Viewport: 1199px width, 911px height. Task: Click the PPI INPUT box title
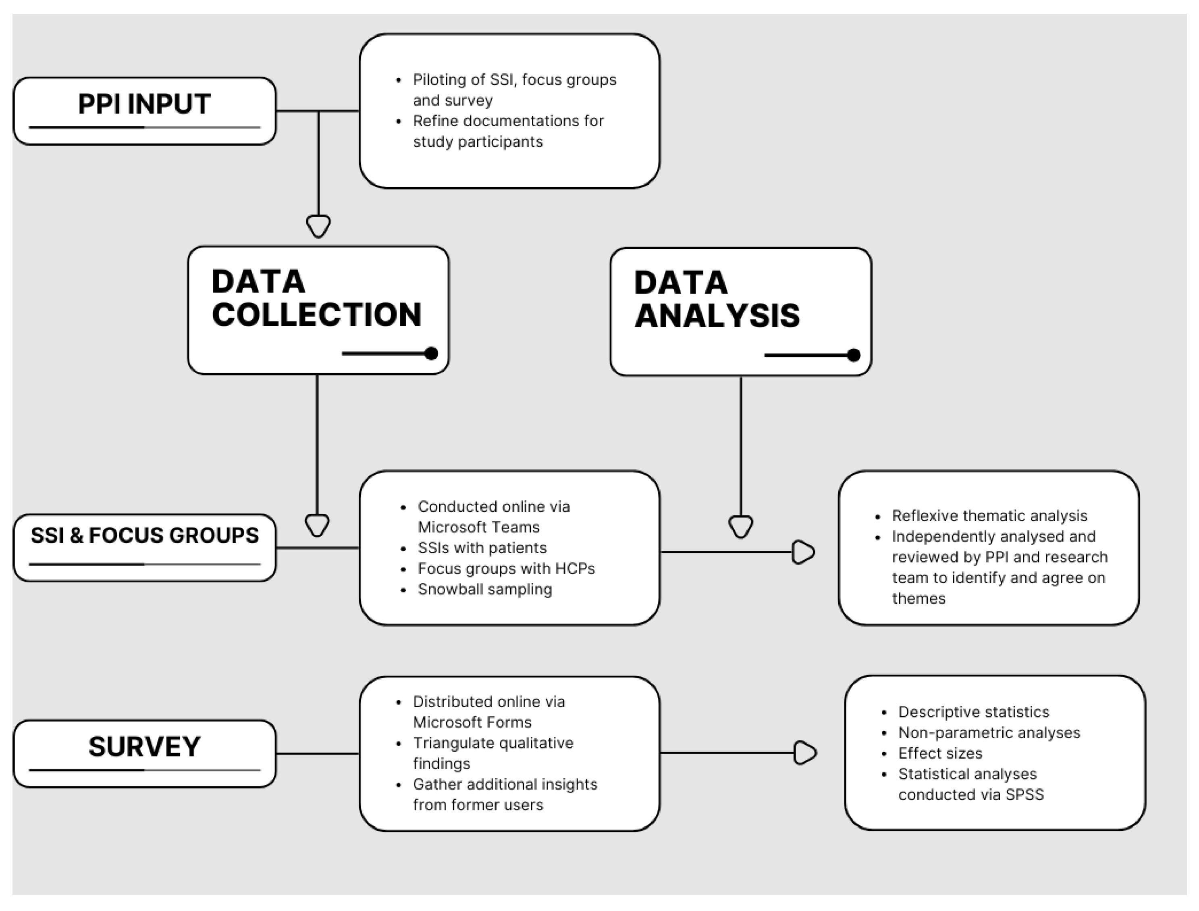144,104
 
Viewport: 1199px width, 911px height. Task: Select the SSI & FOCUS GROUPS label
144,536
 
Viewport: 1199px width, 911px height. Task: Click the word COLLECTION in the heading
316,315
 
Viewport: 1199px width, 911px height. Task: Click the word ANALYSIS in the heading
717,316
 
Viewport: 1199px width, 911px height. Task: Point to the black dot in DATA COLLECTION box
432,354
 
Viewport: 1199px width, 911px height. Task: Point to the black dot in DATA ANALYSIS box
854,355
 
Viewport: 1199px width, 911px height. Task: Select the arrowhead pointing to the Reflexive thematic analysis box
803,552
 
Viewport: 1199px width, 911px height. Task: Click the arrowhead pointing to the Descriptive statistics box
804,753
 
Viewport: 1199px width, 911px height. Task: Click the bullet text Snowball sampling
484,590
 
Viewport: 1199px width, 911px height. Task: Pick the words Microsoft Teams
479,527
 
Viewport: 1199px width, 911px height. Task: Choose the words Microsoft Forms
472,722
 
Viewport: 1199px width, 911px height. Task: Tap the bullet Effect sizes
940,753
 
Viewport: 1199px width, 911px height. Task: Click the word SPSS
1024,794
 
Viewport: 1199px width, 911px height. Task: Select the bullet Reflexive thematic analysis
989,516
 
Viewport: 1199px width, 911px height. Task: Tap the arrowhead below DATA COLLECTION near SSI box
317,524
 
